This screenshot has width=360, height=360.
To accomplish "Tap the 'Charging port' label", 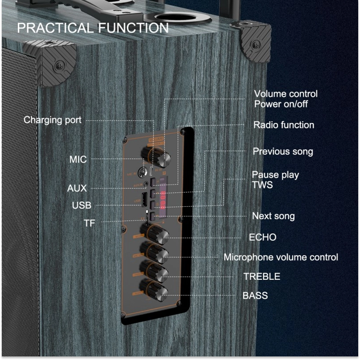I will coord(53,120).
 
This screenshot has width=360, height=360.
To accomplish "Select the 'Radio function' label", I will coord(284,125).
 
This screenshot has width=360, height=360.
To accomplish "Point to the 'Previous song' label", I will coord(283,151).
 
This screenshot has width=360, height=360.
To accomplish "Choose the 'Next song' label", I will coord(273,216).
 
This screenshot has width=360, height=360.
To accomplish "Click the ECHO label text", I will coord(262,237).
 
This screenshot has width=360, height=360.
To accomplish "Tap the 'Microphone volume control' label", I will coord(281,257).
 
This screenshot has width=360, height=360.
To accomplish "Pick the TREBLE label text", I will coord(262,276).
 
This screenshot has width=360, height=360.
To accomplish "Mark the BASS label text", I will coord(255,295).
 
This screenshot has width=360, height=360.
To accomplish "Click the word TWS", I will coord(262,185).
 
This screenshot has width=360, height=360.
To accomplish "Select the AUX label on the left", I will coord(77,188).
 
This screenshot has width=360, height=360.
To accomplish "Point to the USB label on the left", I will coord(82,205).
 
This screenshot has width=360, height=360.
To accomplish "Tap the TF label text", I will coord(90,223).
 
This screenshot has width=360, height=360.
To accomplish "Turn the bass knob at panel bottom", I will coord(155,290).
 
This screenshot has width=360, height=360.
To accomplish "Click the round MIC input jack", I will coord(144,172).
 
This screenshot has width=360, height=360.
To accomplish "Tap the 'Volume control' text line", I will coord(286,94).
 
